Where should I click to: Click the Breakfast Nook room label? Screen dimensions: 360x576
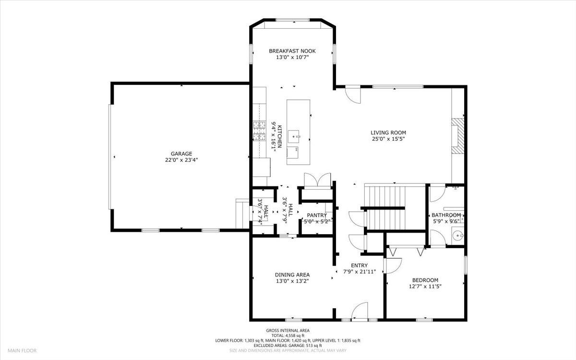pyautogui.click(x=292, y=50)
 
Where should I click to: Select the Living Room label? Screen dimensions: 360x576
pyautogui.click(x=388, y=132)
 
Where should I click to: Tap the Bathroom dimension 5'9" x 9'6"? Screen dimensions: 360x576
pyautogui.click(x=446, y=221)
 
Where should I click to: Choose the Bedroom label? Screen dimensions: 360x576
pyautogui.click(x=425, y=280)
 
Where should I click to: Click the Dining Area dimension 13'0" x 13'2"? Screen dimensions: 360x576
pyautogui.click(x=292, y=281)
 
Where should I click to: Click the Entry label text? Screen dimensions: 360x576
pyautogui.click(x=359, y=265)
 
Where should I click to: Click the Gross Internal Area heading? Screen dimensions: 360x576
pyautogui.click(x=288, y=330)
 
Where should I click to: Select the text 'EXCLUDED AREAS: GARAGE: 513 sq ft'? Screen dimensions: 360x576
pyautogui.click(x=288, y=346)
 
